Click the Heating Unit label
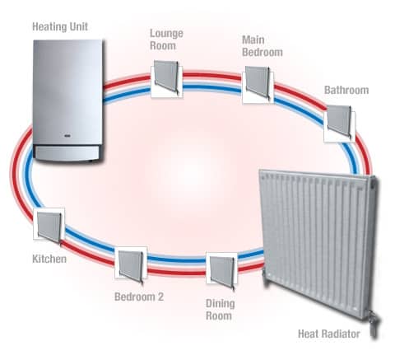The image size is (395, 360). click(x=60, y=27)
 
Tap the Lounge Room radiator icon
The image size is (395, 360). click(x=167, y=78)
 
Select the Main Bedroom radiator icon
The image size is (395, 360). click(x=258, y=84)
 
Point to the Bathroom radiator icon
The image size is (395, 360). click(x=340, y=123)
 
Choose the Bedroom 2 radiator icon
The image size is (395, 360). click(x=131, y=265)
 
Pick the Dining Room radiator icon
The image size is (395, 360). click(x=221, y=272)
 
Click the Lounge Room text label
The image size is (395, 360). click(x=166, y=40)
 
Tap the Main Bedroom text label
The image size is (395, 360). click(x=263, y=46)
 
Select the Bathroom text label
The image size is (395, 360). click(x=346, y=90)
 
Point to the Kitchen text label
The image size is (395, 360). click(x=49, y=259)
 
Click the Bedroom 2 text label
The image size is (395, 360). click(x=139, y=297)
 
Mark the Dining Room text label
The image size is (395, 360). click(x=221, y=310)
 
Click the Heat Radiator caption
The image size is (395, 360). click(x=329, y=334)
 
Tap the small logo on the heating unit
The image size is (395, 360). click(x=67, y=136)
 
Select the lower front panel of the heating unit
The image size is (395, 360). click(x=67, y=153)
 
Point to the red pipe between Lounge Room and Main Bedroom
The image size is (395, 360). click(x=212, y=75)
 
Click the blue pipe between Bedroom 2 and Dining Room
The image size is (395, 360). click(x=177, y=259)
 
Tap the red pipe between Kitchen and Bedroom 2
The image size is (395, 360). click(x=88, y=255)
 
